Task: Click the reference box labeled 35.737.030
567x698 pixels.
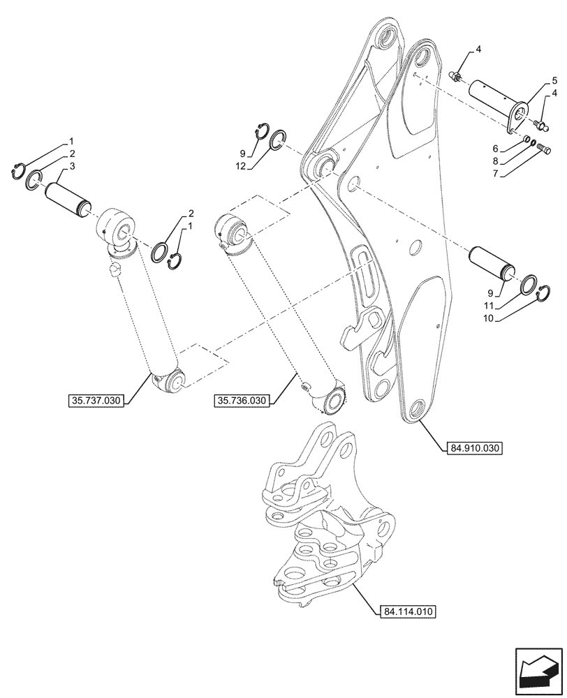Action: (x=96, y=401)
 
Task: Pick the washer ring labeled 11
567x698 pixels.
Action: (x=529, y=285)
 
